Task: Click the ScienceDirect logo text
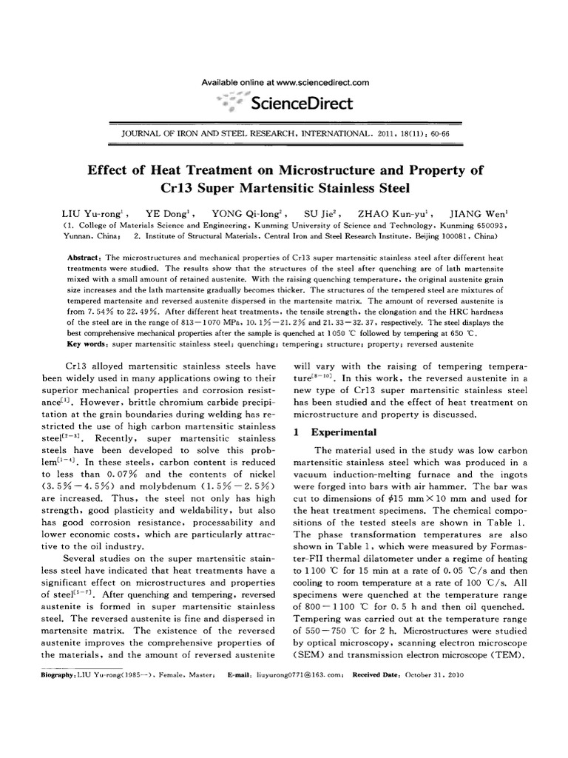tap(302, 103)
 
